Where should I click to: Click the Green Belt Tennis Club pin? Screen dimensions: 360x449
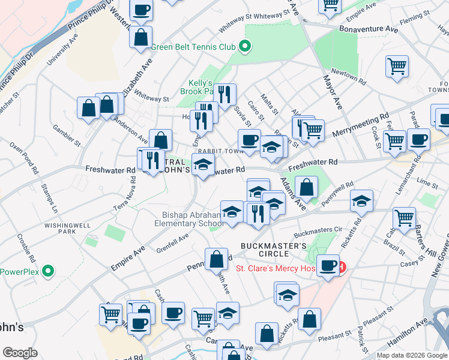click(244, 46)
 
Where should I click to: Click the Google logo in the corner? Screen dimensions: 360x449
click(20, 353)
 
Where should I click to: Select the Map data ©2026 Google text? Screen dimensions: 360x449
click(412, 355)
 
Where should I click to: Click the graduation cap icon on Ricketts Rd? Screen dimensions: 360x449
click(361, 201)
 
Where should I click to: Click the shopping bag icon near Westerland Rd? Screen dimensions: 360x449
click(140, 37)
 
